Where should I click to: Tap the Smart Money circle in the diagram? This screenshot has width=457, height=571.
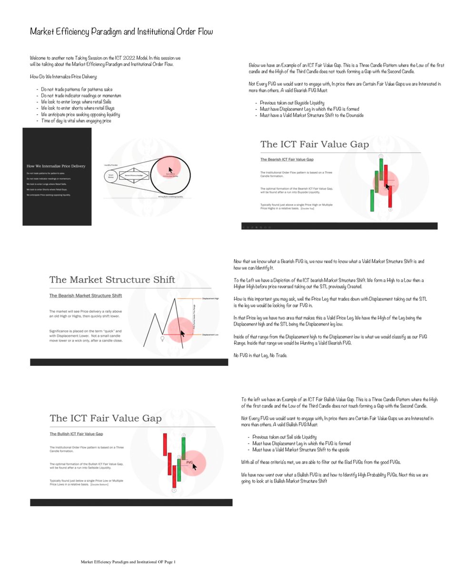coord(110,177)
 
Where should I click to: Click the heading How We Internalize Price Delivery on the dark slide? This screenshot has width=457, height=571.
coord(56,166)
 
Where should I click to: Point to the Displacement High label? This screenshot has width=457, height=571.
coord(210,298)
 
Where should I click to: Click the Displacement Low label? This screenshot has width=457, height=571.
coord(210,335)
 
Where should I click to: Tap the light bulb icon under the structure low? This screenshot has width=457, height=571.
coord(162,338)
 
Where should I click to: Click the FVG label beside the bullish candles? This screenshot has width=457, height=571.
coord(189,462)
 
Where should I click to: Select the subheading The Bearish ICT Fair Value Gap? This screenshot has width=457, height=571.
coord(286,159)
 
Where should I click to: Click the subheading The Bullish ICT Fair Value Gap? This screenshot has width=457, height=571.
coord(77,434)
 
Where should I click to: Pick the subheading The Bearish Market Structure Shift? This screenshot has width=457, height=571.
coord(86,295)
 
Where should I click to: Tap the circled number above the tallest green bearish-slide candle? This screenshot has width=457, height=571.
coord(381,156)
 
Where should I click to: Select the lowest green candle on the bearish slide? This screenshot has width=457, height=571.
coord(371,200)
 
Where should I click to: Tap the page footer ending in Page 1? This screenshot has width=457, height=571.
coord(128,562)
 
